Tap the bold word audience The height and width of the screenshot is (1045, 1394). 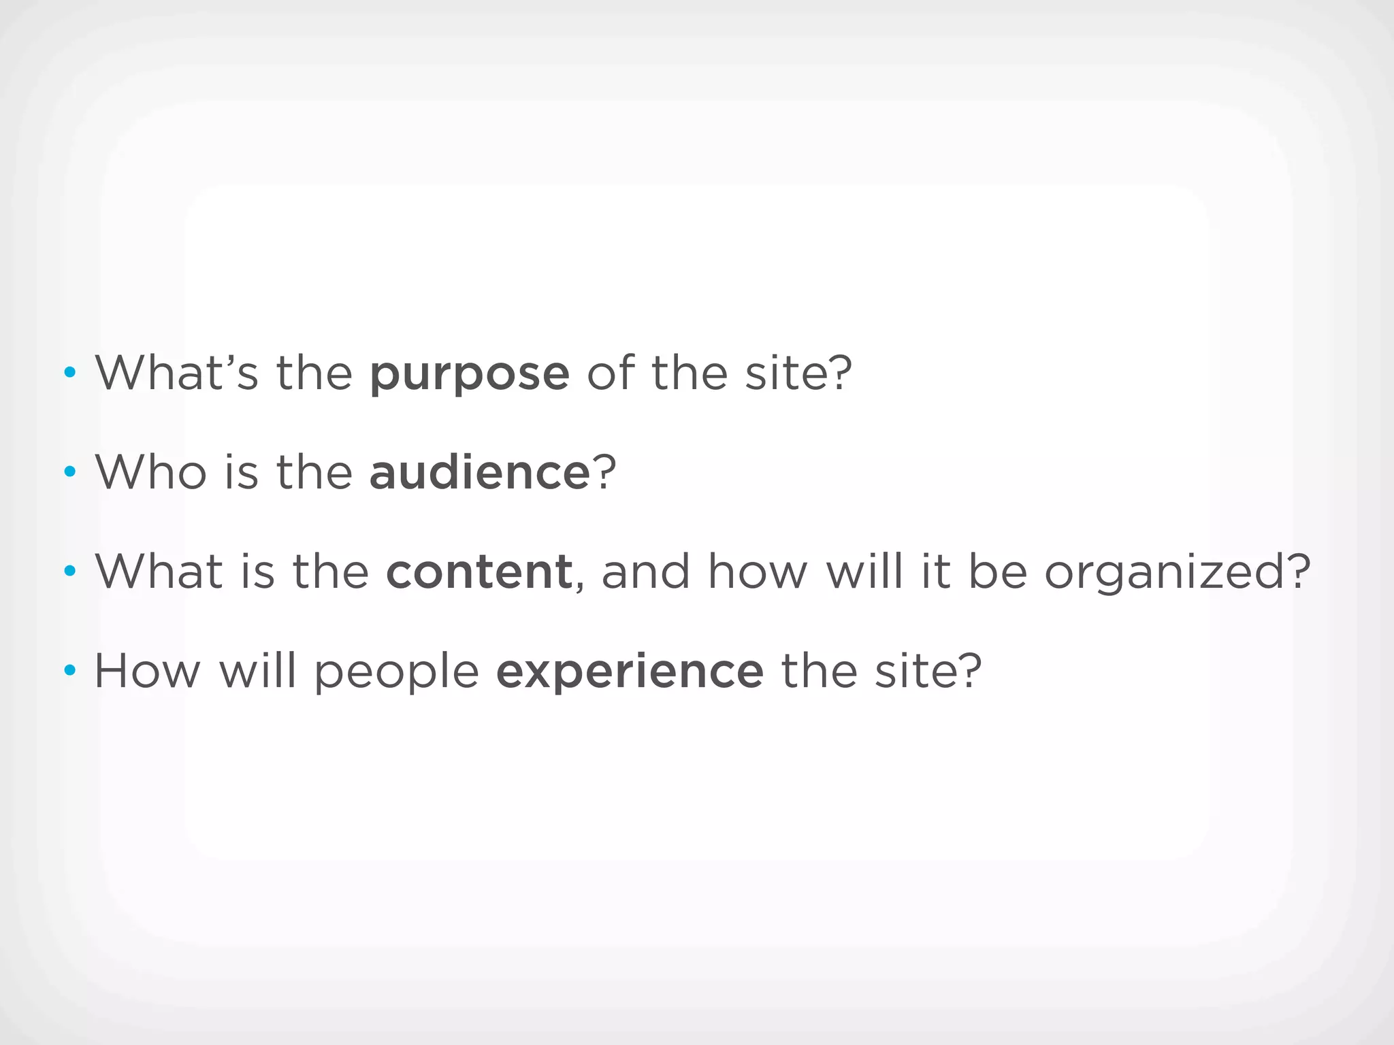tap(479, 472)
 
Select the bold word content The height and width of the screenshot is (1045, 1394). tap(479, 571)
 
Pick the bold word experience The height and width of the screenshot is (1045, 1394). tap(630, 672)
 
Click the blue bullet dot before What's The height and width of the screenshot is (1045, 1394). tap(69, 372)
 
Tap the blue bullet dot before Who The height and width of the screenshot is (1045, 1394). tap(69, 471)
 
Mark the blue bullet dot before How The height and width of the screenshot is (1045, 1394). tap(69, 671)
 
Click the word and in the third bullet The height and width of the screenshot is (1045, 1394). tap(645, 571)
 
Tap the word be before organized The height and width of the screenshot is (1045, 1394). tap(997, 571)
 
